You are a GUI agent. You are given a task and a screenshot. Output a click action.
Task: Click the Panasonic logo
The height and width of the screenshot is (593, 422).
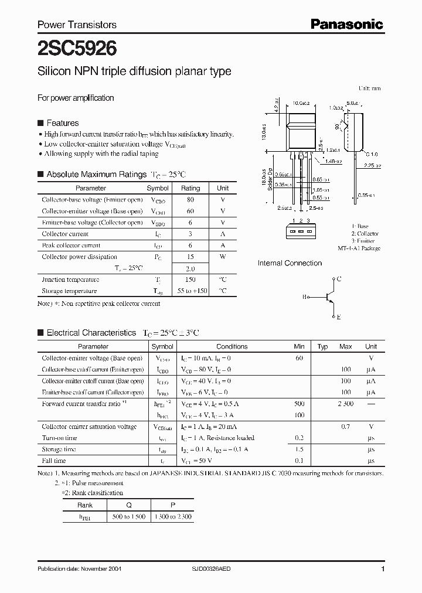click(x=346, y=24)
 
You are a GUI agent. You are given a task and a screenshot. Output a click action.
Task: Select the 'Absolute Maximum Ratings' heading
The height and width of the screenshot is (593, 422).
click(x=96, y=175)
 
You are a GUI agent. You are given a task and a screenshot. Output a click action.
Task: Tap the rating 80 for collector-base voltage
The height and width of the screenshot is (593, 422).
click(x=190, y=200)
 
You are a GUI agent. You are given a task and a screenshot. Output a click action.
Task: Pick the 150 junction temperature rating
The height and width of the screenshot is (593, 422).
click(x=190, y=280)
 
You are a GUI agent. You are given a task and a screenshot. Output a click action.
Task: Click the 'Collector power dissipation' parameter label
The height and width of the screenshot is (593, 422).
click(x=79, y=257)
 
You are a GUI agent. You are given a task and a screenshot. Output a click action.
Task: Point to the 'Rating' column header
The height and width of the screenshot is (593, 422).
click(x=190, y=188)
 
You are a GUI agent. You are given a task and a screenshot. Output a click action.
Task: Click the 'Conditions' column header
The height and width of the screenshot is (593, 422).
click(x=232, y=346)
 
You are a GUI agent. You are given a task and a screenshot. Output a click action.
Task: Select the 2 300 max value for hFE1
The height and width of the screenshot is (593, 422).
click(x=345, y=404)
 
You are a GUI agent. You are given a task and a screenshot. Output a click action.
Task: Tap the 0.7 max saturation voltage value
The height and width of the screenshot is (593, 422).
click(x=345, y=427)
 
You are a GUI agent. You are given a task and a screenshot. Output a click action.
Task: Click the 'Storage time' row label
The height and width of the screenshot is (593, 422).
click(x=59, y=449)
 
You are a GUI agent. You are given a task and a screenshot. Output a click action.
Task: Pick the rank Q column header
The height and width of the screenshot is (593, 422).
click(x=128, y=505)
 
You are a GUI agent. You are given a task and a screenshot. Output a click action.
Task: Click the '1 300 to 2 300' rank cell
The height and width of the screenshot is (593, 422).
click(x=172, y=516)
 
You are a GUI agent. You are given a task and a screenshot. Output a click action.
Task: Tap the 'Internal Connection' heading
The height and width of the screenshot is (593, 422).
click(x=290, y=263)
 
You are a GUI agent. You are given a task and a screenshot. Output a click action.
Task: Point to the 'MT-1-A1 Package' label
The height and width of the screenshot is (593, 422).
click(x=360, y=248)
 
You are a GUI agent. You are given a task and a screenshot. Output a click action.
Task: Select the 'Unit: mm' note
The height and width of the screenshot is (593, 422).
click(x=369, y=88)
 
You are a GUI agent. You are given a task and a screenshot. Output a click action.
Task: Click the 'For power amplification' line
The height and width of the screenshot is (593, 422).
click(x=76, y=98)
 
